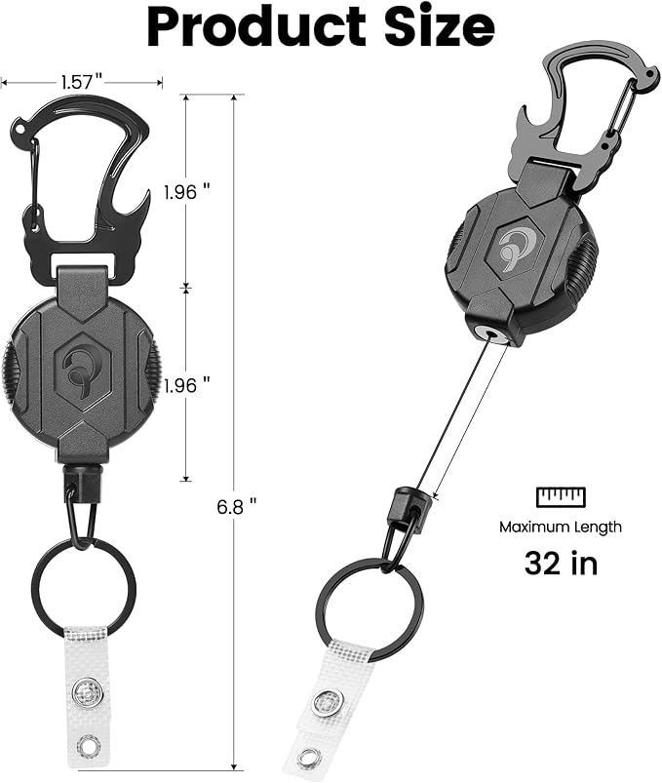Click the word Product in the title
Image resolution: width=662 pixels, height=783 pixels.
tap(256, 29)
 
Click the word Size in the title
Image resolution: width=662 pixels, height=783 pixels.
tap(438, 29)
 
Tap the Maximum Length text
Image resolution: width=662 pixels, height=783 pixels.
tap(560, 527)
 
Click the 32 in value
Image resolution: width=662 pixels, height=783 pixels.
tap(560, 563)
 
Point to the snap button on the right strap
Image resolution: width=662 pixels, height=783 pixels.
tap(325, 700)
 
